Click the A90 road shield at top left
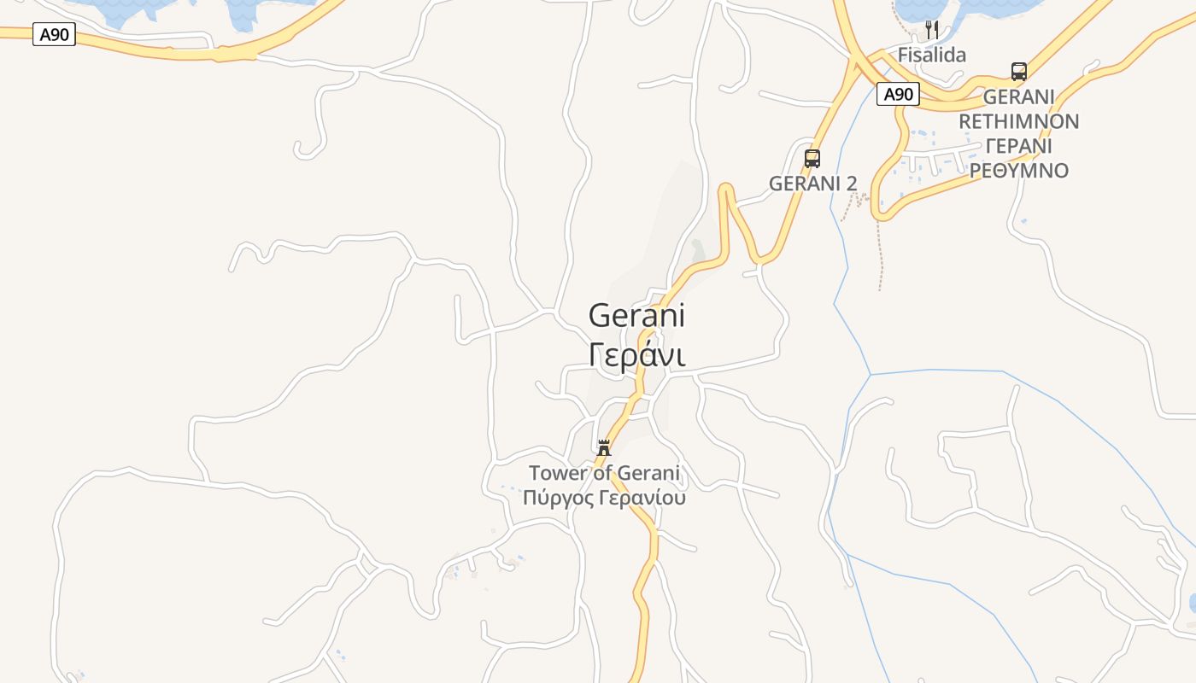[x=54, y=35]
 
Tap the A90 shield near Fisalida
[x=898, y=94]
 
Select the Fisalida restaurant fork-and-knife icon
[x=932, y=30]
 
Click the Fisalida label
[x=931, y=55]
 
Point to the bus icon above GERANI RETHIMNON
[x=1018, y=71]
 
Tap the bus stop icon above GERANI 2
[x=812, y=158]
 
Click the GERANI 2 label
[x=812, y=184]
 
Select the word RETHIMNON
[x=1018, y=121]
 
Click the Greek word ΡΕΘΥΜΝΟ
[x=1018, y=171]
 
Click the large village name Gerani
[x=636, y=316]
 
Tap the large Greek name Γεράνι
[x=636, y=355]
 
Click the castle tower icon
[x=604, y=447]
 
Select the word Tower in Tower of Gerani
[x=558, y=473]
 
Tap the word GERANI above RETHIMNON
[x=1018, y=96]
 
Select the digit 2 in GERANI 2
[x=851, y=184]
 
